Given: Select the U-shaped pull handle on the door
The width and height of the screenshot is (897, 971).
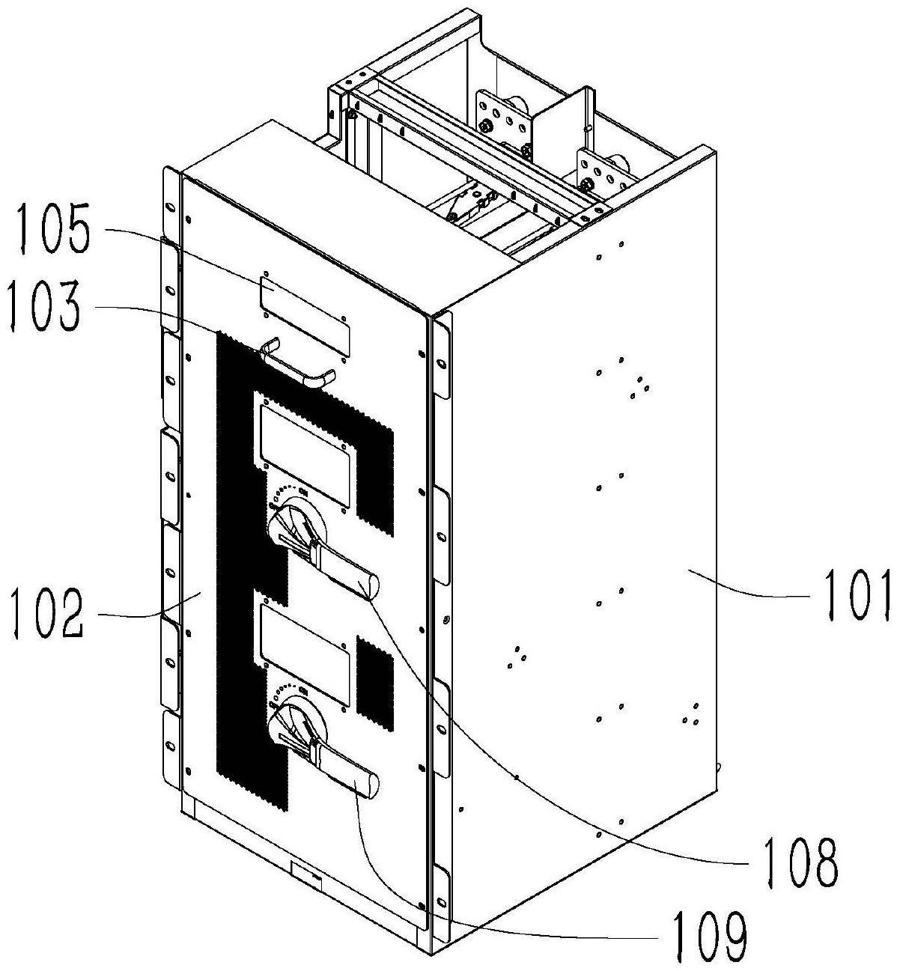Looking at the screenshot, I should [299, 365].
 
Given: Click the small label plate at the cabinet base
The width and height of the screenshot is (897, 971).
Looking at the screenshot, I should [305, 874].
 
